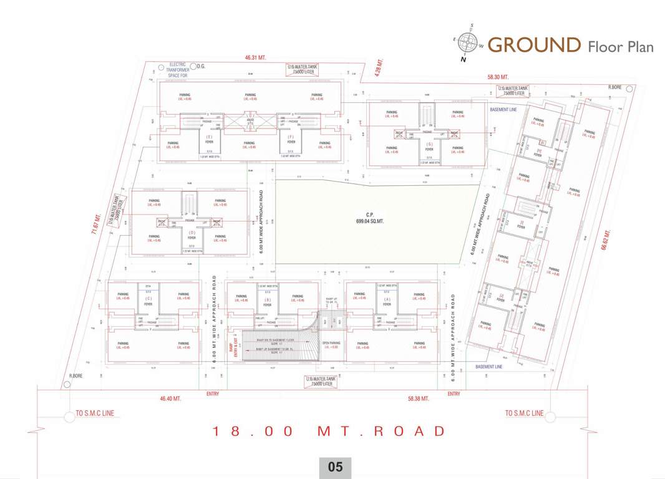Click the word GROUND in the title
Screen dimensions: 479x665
tap(534, 45)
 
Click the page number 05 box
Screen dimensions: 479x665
tap(335, 467)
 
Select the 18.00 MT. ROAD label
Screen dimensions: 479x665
tap(329, 431)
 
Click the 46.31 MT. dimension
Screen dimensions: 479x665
tap(255, 57)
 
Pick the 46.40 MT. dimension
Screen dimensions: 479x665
tap(170, 398)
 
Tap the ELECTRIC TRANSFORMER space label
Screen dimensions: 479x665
tap(178, 70)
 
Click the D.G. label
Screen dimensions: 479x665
tap(201, 65)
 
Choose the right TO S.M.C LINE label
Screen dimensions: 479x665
tap(524, 414)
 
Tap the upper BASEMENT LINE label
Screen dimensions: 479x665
tap(503, 109)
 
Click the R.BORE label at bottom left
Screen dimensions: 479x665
tap(76, 375)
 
